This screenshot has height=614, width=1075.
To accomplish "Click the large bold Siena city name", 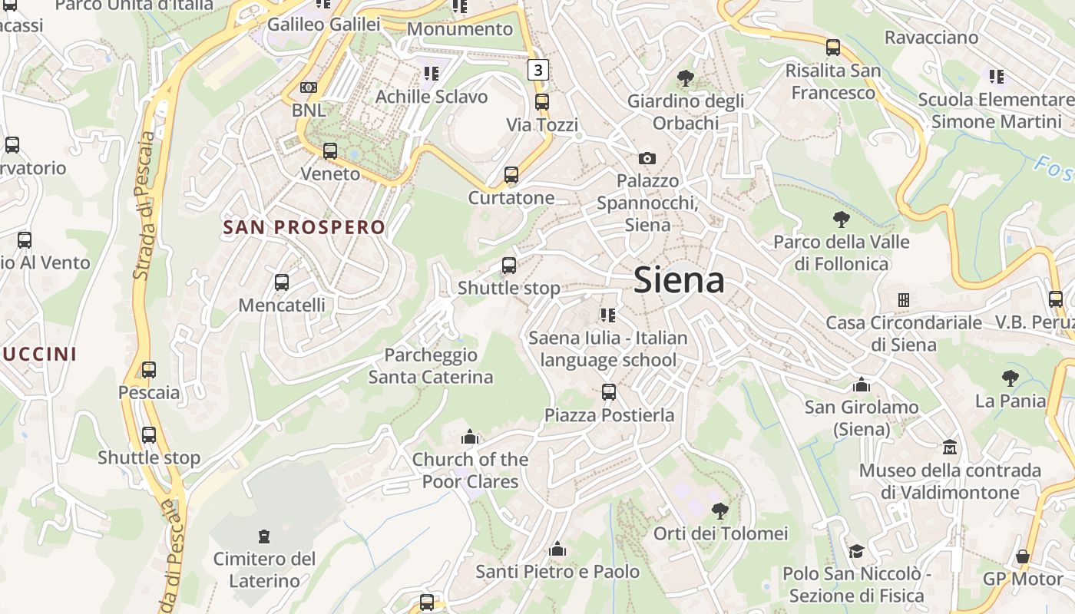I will click(x=679, y=281).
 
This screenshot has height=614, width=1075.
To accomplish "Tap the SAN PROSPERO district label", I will click(x=304, y=227).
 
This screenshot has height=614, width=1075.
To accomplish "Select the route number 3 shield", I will click(x=538, y=70).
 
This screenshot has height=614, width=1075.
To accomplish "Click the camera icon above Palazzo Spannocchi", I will click(x=647, y=158).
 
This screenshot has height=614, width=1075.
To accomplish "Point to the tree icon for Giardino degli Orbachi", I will click(x=685, y=78).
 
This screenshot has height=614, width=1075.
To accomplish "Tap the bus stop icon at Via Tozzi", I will click(x=542, y=102).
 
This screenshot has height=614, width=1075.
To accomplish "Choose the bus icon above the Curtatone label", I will click(x=511, y=175).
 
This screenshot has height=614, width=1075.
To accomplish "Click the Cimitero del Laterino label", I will click(x=264, y=569).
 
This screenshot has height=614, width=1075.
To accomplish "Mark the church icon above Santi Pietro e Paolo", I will click(x=557, y=550).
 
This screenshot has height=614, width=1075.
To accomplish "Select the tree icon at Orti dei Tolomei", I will click(x=719, y=510).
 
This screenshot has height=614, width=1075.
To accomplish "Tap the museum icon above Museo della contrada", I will click(x=950, y=447).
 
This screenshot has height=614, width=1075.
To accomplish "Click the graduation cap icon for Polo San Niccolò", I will click(x=856, y=551).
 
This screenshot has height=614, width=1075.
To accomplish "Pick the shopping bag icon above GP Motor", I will click(x=1022, y=556).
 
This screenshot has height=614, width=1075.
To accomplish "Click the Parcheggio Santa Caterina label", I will click(x=431, y=366).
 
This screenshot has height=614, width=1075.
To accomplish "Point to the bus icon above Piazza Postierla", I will click(x=609, y=392).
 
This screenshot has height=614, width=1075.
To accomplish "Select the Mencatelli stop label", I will click(x=282, y=305).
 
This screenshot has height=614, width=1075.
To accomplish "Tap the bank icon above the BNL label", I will click(x=309, y=87).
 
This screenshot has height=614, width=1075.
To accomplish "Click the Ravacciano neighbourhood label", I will click(x=931, y=37).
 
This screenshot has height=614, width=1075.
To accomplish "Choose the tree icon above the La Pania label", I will click(x=1010, y=378).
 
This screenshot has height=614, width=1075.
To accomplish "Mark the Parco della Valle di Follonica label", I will click(x=842, y=253).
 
